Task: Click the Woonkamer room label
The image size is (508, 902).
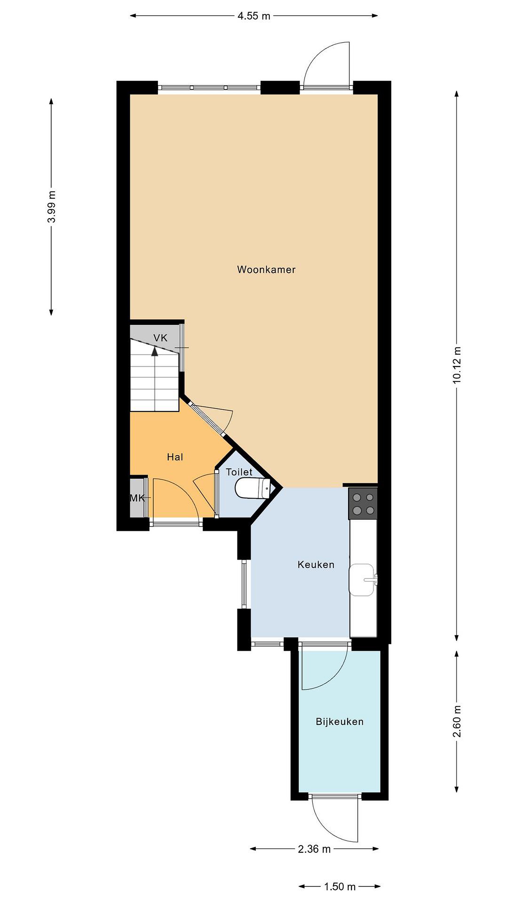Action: pos(266,270)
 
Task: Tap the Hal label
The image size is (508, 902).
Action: pos(175,457)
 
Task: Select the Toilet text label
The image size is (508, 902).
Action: pos(239,472)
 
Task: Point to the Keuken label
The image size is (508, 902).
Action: pos(316,564)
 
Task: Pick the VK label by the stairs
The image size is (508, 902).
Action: pos(161,338)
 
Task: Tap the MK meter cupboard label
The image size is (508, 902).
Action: pos(137,498)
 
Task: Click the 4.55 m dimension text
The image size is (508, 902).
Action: pos(254,16)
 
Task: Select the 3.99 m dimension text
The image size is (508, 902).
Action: pos(52,207)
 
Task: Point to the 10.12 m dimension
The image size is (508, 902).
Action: pos(457,365)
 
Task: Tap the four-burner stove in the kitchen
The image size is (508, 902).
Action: pos(363,504)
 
